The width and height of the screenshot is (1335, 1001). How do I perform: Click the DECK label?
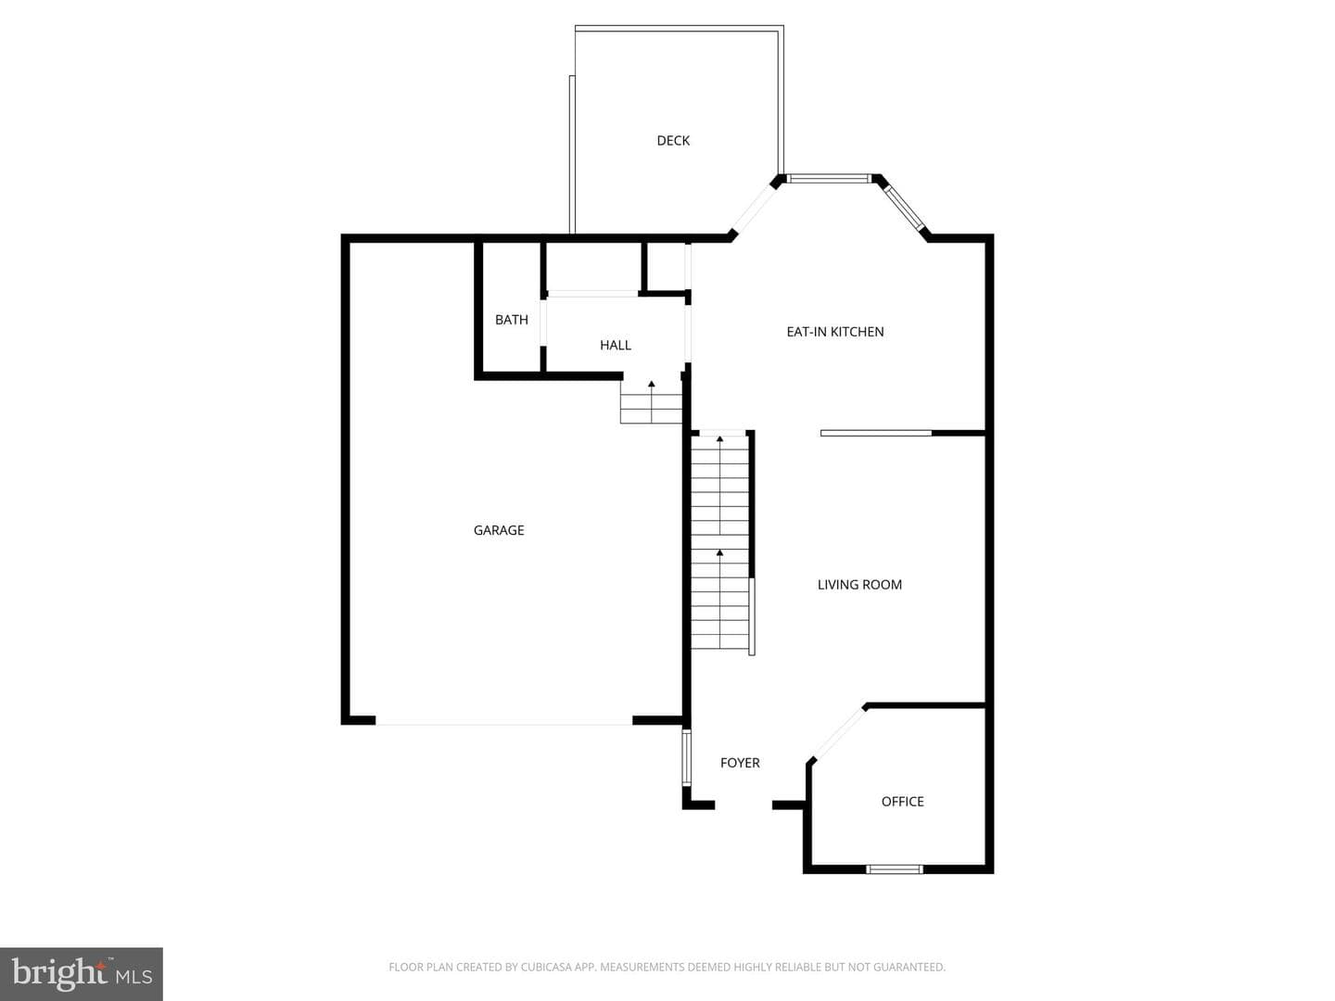673,140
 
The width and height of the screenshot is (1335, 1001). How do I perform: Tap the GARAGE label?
499,530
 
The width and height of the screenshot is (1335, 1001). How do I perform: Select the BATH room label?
511,320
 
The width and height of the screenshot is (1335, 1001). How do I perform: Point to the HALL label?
615,345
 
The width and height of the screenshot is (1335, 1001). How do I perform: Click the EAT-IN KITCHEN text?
835,332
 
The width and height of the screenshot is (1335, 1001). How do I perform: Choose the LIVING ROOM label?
859,585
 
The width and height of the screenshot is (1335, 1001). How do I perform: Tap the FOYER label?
740,763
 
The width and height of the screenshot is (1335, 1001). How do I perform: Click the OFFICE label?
903,802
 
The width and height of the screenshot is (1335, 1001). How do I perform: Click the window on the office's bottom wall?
894,869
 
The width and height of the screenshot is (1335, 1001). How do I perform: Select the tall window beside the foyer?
687,757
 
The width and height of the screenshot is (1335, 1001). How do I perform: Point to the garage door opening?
504,721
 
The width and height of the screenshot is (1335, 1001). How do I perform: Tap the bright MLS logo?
82,974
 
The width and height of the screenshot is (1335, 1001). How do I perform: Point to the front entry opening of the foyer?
744,805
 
